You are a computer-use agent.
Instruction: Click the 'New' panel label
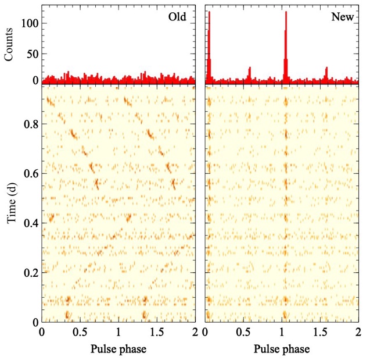coord(343,17)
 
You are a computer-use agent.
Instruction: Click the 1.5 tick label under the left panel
coord(157,333)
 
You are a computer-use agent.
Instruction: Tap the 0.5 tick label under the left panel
coord(80,333)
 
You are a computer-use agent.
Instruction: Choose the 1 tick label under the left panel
coord(118,333)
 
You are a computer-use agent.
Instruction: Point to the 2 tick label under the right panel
coord(358,333)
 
